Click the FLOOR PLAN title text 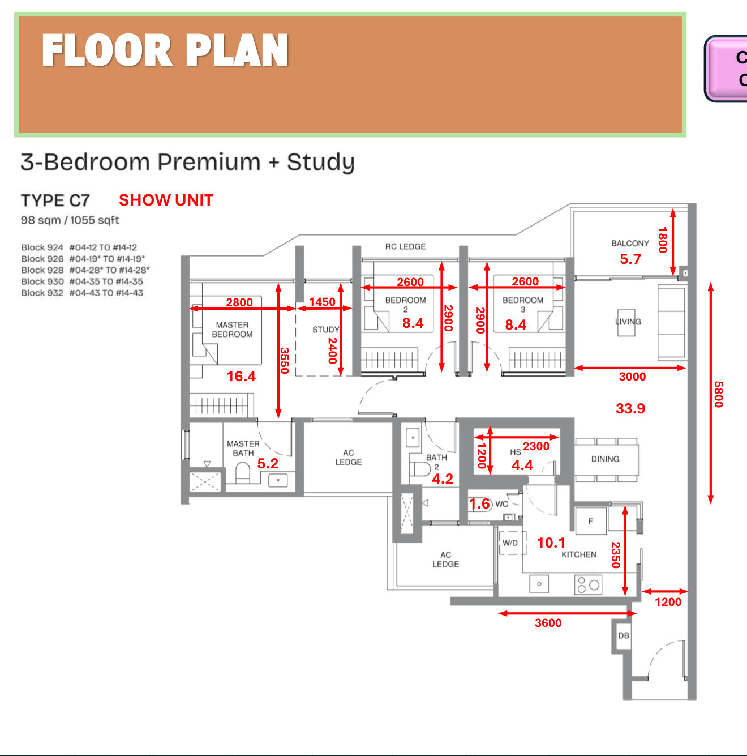[x=165, y=50]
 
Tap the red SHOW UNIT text [x=166, y=200]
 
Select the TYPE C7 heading [x=55, y=200]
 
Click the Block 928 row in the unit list [x=85, y=270]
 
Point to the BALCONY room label [x=630, y=244]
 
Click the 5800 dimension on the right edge [x=718, y=394]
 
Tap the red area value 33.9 [x=630, y=408]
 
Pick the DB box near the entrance [x=624, y=635]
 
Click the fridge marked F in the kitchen [x=591, y=521]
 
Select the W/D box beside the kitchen [x=510, y=543]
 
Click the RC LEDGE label [x=405, y=247]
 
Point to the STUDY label [x=325, y=330]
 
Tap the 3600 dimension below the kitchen [x=548, y=623]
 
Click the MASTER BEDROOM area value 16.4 [x=241, y=376]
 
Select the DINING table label [x=605, y=459]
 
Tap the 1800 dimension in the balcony [x=663, y=240]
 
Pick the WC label [x=501, y=504]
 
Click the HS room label [x=515, y=452]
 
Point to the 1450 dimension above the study [x=322, y=302]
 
